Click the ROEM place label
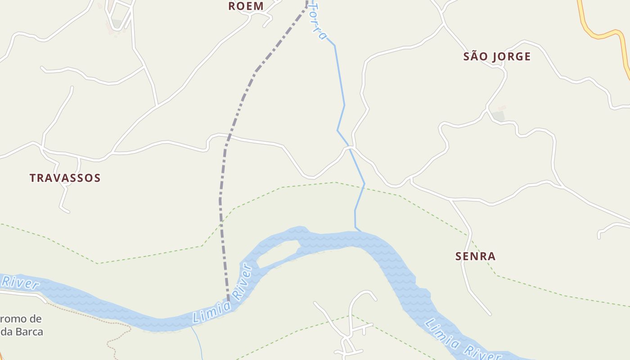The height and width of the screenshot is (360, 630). point(246,6)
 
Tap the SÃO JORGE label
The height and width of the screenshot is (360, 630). point(497,57)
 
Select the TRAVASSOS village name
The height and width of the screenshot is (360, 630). point(65,178)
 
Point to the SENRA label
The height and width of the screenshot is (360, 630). point(475,256)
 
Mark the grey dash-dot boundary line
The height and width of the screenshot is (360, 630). point(221,202)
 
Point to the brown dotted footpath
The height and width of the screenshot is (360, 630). point(90,317)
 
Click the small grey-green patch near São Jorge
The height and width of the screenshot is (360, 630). point(498,116)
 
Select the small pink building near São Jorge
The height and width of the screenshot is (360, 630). point(501,108)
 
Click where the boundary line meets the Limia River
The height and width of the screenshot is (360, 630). point(229,301)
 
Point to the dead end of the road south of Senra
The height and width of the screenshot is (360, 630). point(490,314)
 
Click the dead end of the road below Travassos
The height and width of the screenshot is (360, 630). point(68,211)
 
